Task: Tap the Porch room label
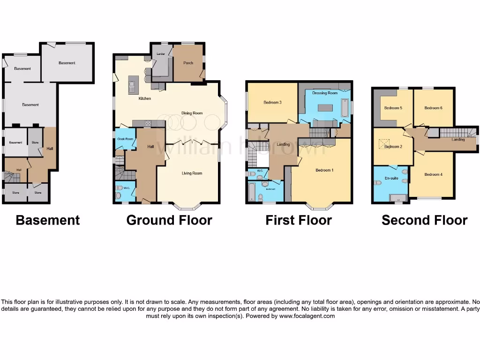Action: pos(188,63)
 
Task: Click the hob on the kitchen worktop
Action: pos(149,123)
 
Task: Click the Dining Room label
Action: pos(192,113)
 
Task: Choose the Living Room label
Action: pos(192,173)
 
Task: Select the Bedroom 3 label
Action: pos(272,102)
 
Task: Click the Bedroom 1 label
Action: pos(324,170)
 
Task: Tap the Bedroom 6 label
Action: pos(433,108)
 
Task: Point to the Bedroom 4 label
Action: pos(433,174)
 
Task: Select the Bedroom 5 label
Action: pos(393,108)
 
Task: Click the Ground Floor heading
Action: pos(169,220)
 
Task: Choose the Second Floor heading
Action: pos(424,220)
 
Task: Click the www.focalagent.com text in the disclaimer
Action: pos(307,316)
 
